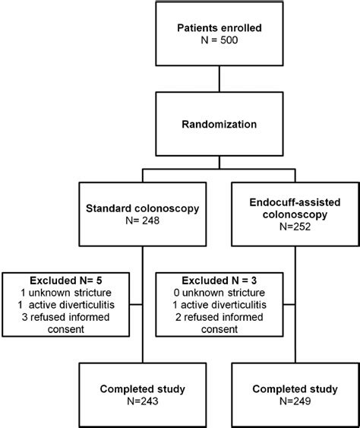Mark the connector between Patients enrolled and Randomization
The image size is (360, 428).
219,81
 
